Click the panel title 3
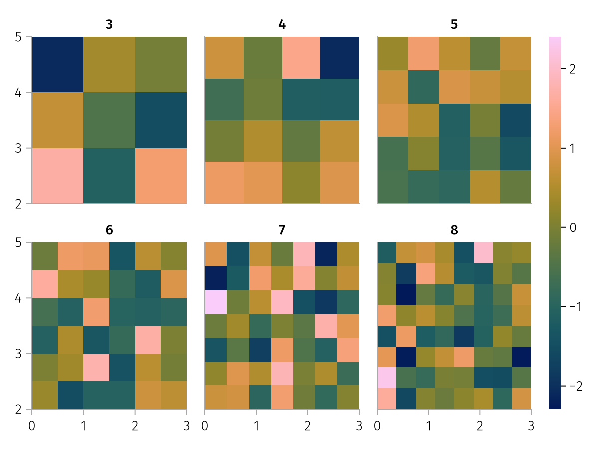pos(109,24)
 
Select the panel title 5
pos(454,24)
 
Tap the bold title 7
pos(282,230)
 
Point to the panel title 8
pos(454,230)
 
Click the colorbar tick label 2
pos(572,69)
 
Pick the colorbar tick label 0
pos(572,227)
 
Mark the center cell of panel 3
pos(109,120)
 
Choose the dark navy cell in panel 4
pos(340,58)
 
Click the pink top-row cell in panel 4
pos(301,58)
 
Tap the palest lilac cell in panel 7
pos(215,302)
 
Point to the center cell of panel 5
pos(454,120)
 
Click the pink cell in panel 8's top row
pos(483,252)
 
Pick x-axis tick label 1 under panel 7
pos(256,426)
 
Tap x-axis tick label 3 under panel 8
pos(531,426)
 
